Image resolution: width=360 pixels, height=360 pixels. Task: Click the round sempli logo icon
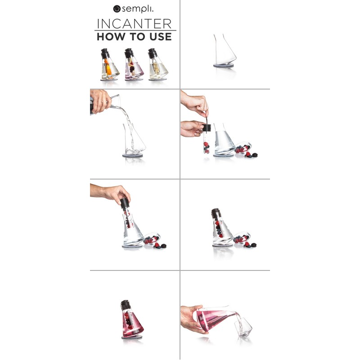tap(117, 8)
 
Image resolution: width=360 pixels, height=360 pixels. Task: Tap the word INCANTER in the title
tap(135, 23)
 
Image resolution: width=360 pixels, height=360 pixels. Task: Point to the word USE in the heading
tap(160, 37)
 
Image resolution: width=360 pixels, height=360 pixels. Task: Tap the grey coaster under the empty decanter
tap(224, 66)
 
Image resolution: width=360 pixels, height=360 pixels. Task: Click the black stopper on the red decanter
tap(126, 304)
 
